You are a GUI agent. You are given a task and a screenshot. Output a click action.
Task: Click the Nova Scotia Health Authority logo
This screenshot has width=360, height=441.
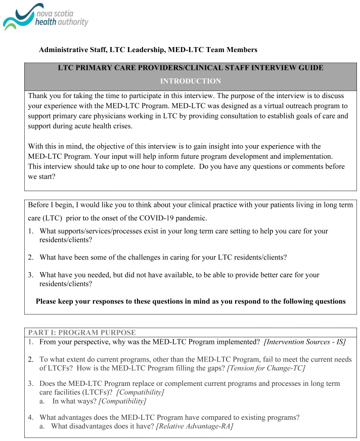tap(45, 17)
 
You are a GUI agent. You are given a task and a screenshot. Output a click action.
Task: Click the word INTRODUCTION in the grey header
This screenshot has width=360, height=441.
tap(190, 81)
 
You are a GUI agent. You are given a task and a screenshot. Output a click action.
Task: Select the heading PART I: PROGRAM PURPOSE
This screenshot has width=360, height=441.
tap(82, 333)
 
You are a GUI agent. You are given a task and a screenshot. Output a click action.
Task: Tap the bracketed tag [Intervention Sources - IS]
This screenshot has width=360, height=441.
tap(305, 342)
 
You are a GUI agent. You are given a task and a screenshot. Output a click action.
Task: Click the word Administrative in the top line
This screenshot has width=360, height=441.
tap(62, 50)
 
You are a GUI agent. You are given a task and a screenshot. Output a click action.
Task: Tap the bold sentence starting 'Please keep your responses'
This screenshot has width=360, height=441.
tap(191, 301)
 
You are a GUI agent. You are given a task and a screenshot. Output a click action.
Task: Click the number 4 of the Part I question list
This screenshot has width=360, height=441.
tap(31, 418)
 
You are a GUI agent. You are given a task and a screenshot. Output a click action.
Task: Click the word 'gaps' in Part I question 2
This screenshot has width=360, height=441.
tap(205, 368)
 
